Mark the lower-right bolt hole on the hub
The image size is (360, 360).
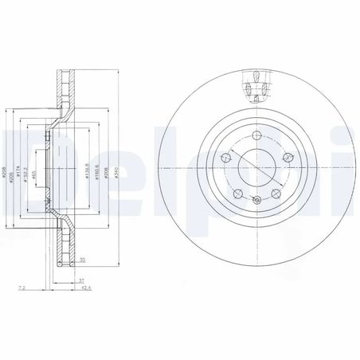(x=274, y=194)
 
